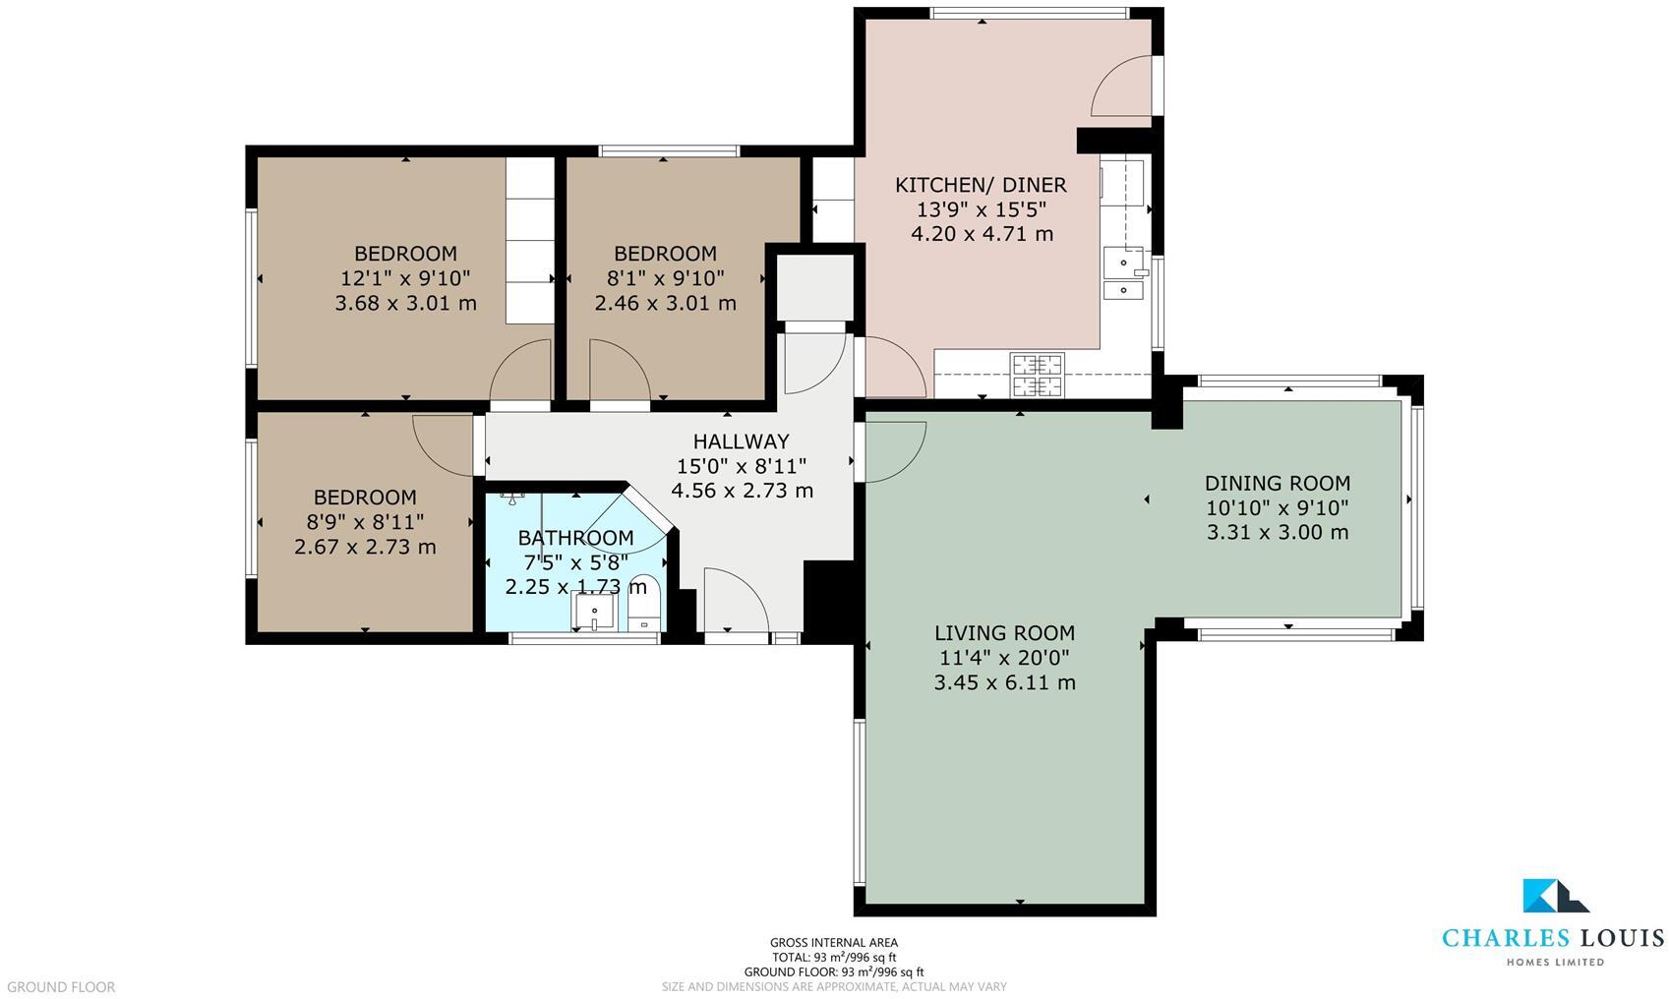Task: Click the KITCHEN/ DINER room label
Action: pyautogui.click(x=981, y=185)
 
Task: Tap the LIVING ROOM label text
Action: pyautogui.click(x=1004, y=633)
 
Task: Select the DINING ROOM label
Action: pyautogui.click(x=1277, y=483)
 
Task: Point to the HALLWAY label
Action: pyautogui.click(x=741, y=441)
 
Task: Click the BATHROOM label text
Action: pyautogui.click(x=575, y=538)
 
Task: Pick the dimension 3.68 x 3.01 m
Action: pyautogui.click(x=405, y=303)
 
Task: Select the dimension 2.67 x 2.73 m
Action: pyautogui.click(x=365, y=547)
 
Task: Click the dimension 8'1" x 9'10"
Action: pyautogui.click(x=665, y=278)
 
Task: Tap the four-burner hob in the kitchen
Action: pyautogui.click(x=1037, y=375)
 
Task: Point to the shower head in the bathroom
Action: pyautogui.click(x=512, y=499)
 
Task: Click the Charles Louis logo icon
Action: pyautogui.click(x=1554, y=896)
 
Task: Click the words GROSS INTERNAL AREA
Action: pyautogui.click(x=833, y=943)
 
